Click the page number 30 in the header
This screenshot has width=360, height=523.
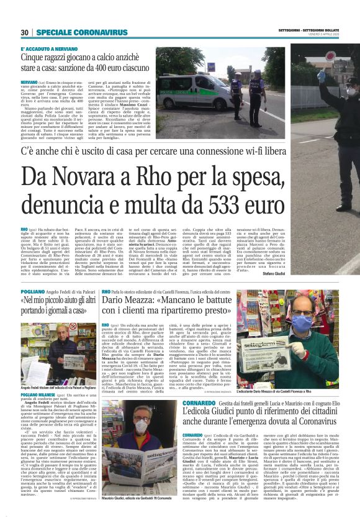(24, 32)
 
